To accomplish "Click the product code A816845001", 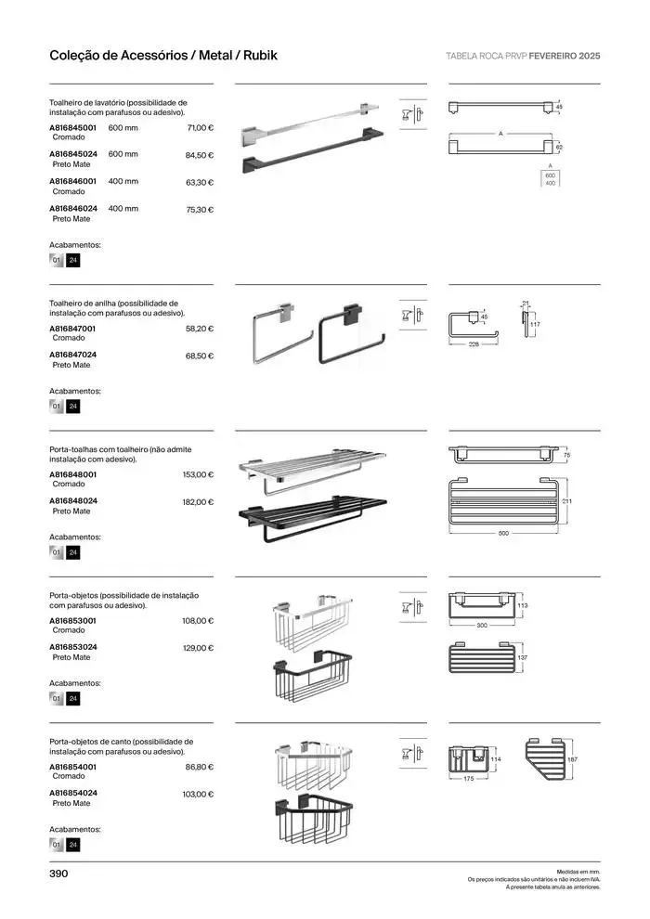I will pyautogui.click(x=72, y=127).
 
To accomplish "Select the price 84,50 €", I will pyautogui.click(x=200, y=155).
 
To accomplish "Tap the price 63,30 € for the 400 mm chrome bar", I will pyautogui.click(x=200, y=183).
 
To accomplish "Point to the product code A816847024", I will pyautogui.click(x=72, y=355).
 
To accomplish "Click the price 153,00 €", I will pyautogui.click(x=198, y=474).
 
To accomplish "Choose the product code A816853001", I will pyautogui.click(x=72, y=620).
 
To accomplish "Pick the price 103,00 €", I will pyautogui.click(x=198, y=795).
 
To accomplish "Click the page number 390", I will pyautogui.click(x=59, y=874).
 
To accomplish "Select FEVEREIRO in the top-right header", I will pyautogui.click(x=548, y=56).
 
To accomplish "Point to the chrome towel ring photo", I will pyautogui.click(x=281, y=332).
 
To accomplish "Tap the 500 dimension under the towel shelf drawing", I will pyautogui.click(x=502, y=534).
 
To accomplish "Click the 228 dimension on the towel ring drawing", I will pyautogui.click(x=473, y=344).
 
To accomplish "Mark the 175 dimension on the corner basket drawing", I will pyautogui.click(x=468, y=779).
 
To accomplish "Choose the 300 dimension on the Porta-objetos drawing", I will pyautogui.click(x=482, y=626).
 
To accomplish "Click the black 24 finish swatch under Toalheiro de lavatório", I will pyautogui.click(x=73, y=261).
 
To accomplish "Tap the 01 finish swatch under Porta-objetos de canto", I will pyautogui.click(x=57, y=845).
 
